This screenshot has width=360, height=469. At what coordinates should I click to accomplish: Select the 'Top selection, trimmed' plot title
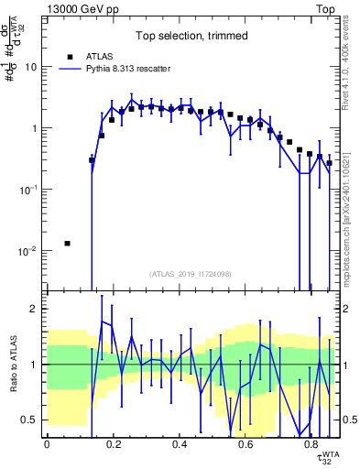click(191, 37)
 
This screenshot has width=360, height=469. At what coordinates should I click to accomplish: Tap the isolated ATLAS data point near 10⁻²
click(67, 243)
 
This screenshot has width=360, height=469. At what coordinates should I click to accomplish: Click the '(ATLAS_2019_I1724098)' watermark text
click(191, 274)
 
